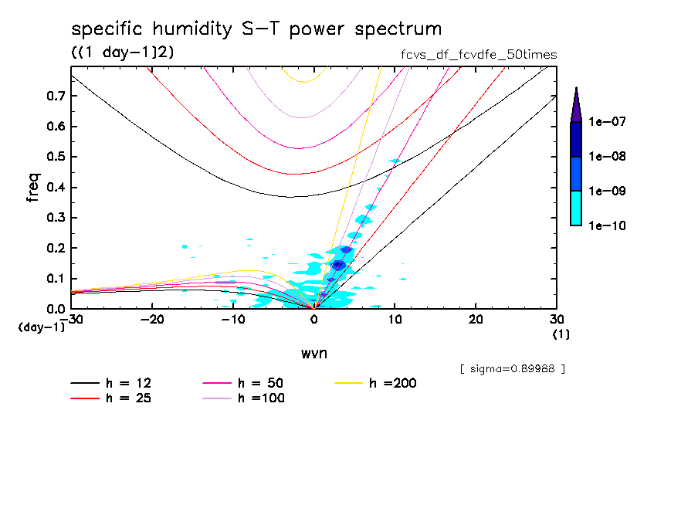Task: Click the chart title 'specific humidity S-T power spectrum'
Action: [256, 29]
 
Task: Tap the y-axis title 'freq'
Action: [33, 188]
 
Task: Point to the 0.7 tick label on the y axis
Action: [55, 96]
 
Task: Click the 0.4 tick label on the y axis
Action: [55, 188]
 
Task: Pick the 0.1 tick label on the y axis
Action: [55, 279]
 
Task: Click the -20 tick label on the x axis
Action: [152, 320]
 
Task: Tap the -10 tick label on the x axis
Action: [232, 320]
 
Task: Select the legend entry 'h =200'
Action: [393, 383]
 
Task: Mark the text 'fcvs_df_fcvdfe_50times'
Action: [474, 55]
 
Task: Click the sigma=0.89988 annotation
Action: [512, 369]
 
